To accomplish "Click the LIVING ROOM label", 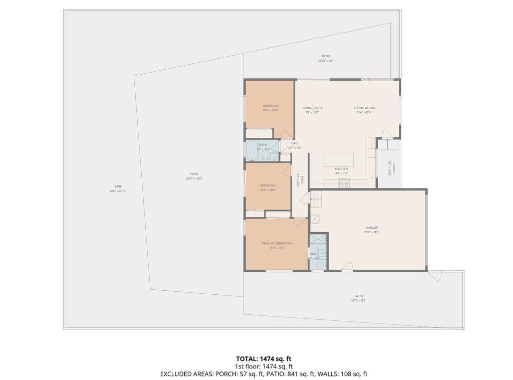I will point(364,108).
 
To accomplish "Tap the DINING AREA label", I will point(312,108).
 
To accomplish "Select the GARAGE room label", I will point(371,228).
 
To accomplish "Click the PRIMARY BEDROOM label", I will point(277,243).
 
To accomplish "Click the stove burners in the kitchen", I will point(345,182).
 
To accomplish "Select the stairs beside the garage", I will point(316,202).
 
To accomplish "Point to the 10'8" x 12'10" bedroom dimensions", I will point(271,110).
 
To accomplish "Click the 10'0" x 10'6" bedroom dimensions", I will point(268,190).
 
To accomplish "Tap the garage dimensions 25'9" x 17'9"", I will point(371,232).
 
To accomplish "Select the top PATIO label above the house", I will point(326,56).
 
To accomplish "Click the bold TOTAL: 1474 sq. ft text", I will point(264,358).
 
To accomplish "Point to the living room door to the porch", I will point(386,133).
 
